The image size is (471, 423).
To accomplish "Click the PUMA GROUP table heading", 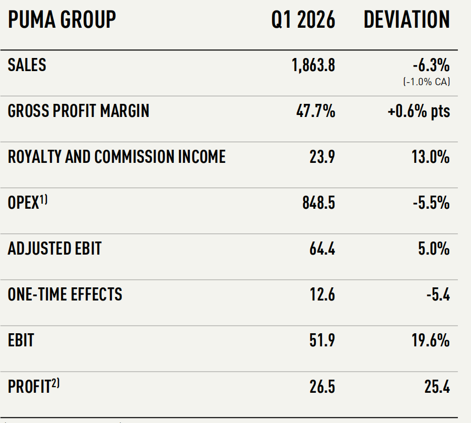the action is click(62, 20).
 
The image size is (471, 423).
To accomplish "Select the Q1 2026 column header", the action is click(303, 20).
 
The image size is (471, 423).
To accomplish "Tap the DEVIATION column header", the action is click(407, 20).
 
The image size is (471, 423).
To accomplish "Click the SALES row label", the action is click(27, 65).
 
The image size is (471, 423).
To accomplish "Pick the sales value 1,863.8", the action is click(313, 65).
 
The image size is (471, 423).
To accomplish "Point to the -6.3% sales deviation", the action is click(431, 65).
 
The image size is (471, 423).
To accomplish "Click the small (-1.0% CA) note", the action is click(427, 82).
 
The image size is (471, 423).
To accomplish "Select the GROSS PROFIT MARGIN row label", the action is click(79, 111).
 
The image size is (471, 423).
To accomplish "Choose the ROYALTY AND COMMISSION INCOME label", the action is click(116, 157).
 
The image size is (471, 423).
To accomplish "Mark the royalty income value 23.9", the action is click(322, 157).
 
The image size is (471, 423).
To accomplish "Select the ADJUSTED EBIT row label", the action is click(55, 249).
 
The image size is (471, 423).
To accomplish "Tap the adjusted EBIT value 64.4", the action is click(322, 249).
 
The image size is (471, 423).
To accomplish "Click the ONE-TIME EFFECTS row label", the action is click(65, 294).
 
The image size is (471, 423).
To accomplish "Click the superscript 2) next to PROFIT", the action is click(55, 383).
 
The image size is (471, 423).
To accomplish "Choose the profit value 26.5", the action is click(322, 387).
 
